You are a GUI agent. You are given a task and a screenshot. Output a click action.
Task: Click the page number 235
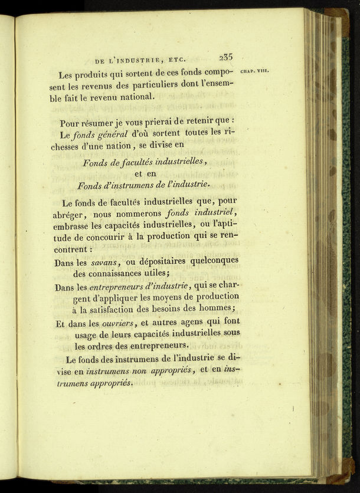pos(225,58)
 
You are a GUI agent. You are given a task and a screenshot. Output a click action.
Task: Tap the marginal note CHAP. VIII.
pos(255,71)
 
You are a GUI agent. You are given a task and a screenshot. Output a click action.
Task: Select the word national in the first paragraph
pos(136,98)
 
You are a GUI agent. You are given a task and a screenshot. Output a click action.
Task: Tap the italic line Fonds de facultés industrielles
pos(145,163)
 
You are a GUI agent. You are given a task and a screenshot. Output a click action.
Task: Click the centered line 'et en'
pos(145,174)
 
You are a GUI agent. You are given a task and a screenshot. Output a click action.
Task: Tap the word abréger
pos(73,215)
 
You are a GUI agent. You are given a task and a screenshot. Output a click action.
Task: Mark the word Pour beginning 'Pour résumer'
pos(71,124)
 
